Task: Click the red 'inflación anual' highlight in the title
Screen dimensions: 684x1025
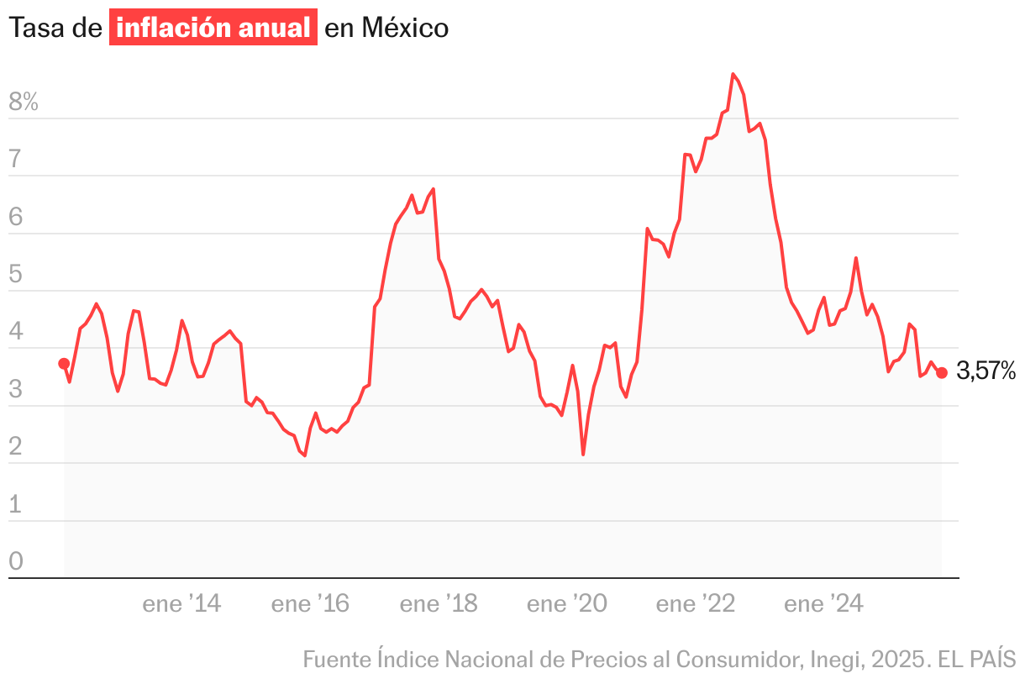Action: (213, 28)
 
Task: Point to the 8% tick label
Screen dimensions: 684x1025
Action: (24, 103)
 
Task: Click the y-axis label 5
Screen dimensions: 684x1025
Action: (16, 275)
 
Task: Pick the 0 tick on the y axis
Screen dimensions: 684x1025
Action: (16, 561)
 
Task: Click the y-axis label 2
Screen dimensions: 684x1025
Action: (16, 447)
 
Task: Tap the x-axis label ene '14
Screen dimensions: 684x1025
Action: (181, 603)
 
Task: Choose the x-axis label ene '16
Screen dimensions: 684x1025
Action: (310, 603)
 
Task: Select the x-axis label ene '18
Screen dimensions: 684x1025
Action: (439, 603)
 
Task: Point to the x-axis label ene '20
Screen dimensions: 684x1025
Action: (566, 603)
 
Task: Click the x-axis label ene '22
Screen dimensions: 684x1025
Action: (695, 603)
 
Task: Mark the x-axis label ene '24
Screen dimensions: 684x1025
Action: (823, 603)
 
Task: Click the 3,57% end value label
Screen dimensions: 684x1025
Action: (986, 371)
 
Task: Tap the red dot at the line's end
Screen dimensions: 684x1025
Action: (942, 373)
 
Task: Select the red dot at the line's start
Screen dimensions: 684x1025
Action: (64, 364)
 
